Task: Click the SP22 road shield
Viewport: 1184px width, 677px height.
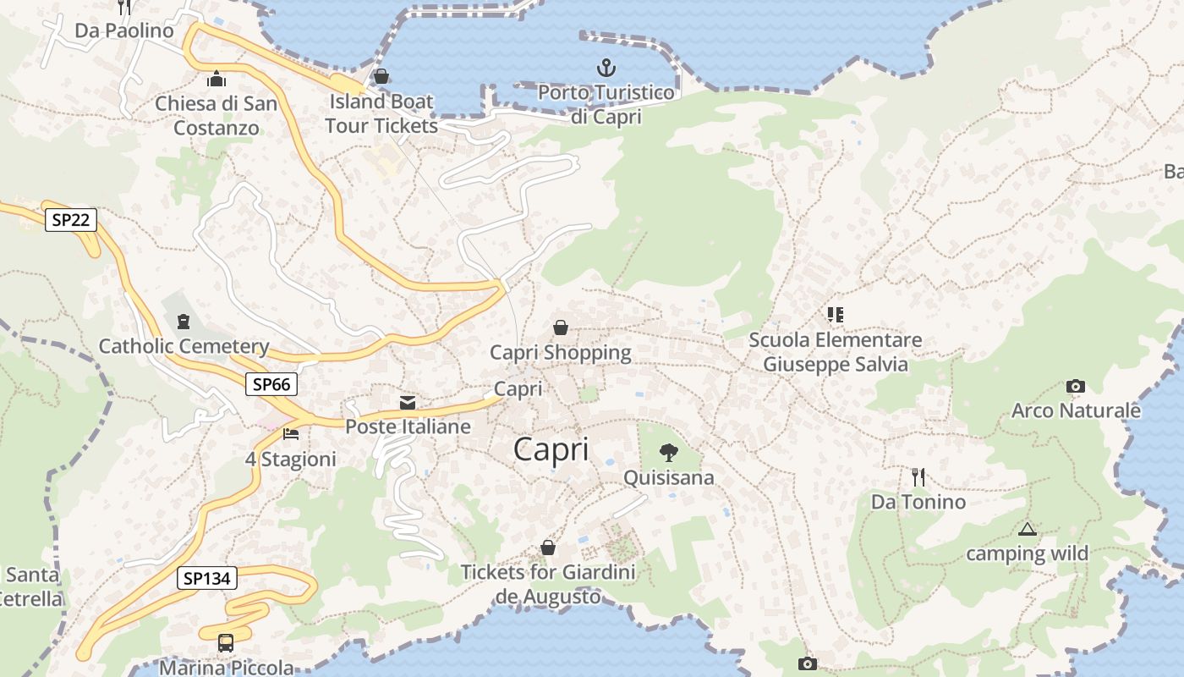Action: point(71,220)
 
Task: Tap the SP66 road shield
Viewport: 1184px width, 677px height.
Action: point(271,384)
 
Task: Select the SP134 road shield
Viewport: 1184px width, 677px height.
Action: point(207,579)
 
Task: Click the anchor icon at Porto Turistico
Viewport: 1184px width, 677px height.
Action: point(606,68)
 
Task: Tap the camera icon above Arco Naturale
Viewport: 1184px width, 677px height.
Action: point(1075,387)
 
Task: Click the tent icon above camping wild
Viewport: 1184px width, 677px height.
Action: point(1028,530)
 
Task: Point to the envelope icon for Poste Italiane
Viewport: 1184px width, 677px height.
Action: point(408,402)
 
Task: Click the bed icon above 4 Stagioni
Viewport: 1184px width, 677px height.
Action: point(291,434)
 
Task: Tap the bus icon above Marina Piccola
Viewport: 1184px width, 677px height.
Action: point(226,642)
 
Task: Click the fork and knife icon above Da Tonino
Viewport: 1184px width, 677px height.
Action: point(918,477)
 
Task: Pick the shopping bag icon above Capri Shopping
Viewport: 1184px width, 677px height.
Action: point(560,327)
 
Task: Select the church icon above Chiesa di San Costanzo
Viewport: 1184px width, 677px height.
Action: point(217,80)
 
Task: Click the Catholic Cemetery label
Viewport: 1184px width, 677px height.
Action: point(184,346)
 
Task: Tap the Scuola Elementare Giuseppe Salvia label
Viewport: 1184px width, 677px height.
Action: point(836,352)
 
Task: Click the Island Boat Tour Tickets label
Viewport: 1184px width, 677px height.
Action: point(381,113)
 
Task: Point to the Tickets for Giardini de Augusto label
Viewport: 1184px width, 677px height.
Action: point(548,584)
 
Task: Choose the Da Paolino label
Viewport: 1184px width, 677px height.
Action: point(124,30)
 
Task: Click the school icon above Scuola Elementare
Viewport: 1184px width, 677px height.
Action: point(836,315)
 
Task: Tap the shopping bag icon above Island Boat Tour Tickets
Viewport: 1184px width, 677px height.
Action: point(381,77)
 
